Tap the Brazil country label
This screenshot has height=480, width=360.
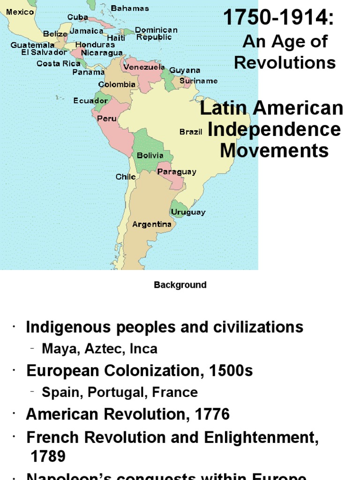[x=191, y=132]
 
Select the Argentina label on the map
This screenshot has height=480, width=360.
[x=152, y=224]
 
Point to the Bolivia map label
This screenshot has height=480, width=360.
[x=150, y=155]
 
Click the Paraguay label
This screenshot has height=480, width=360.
[x=177, y=172]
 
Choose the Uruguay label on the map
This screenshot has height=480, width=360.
[x=188, y=212]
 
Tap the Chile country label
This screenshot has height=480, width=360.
[x=126, y=177]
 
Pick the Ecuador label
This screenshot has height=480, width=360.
[x=90, y=100]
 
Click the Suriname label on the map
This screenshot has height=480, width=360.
[x=199, y=81]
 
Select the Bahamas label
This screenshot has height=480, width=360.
[x=130, y=8]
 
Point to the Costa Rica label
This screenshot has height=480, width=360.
[x=59, y=63]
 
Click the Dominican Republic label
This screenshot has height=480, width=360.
[x=157, y=33]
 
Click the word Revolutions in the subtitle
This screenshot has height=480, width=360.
[x=285, y=62]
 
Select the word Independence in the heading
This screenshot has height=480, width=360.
[x=274, y=129]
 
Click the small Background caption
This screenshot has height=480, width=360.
[x=180, y=285]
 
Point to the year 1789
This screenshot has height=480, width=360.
[x=48, y=456]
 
